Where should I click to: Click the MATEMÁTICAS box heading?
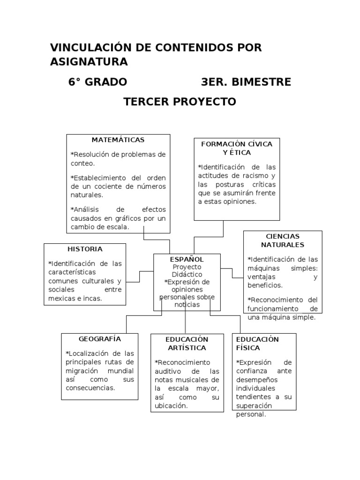(118, 140)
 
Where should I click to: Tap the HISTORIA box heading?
(84, 249)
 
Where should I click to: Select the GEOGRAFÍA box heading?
(100, 338)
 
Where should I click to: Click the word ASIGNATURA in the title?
(89, 62)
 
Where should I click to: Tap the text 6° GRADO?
(97, 82)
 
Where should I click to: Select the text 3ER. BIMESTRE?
(246, 82)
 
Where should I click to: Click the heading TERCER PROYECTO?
(180, 102)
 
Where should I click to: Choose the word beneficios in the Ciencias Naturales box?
(265, 285)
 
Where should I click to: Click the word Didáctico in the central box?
(187, 274)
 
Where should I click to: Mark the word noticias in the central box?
(187, 305)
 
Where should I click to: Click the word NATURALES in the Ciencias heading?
(283, 245)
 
